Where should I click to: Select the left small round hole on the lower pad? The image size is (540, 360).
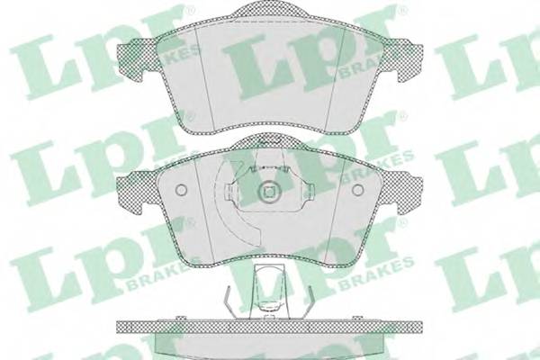coord(180,190)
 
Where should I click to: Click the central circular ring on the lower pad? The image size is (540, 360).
coord(267,192)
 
